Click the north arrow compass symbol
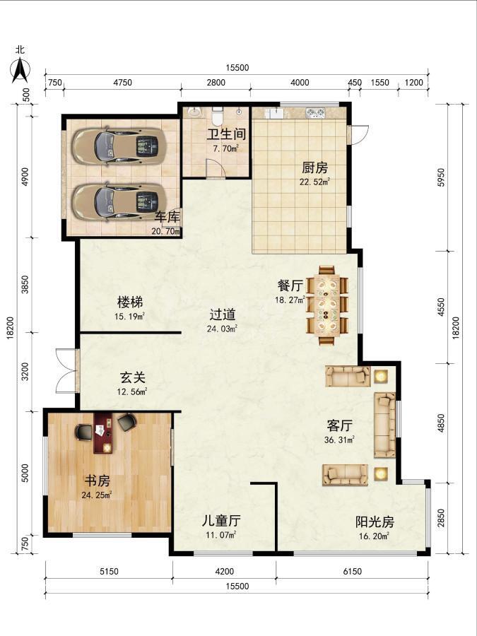pyautogui.click(x=20, y=71)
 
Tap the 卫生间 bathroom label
pyautogui.click(x=226, y=134)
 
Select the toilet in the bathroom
pyautogui.click(x=218, y=116)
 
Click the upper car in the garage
pyautogui.click(x=120, y=147)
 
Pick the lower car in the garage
pyautogui.click(x=120, y=202)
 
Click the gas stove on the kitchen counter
pyautogui.click(x=316, y=112)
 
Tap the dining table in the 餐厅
pyautogui.click(x=327, y=305)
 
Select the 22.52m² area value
pyautogui.click(x=314, y=182)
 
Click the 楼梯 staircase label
pyautogui.click(x=130, y=302)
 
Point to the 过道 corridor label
pyautogui.click(x=223, y=314)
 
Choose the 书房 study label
pyautogui.click(x=97, y=481)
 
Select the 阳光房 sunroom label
pyautogui.click(x=375, y=522)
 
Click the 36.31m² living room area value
pyautogui.click(x=339, y=440)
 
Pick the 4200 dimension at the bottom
pyautogui.click(x=224, y=572)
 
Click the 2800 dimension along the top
pyautogui.click(x=216, y=83)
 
